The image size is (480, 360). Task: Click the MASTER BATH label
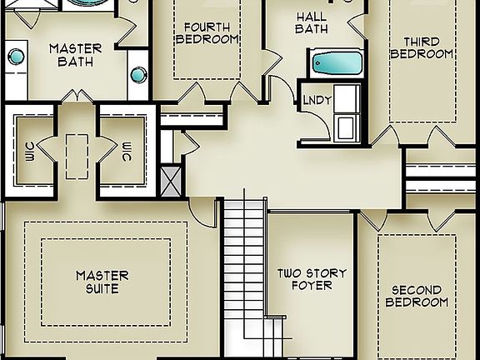[75, 54]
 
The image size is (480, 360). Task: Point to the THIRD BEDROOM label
[427, 47]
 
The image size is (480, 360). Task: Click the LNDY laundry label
[317, 100]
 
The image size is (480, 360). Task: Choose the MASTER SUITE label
[102, 282]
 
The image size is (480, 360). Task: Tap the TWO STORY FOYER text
[312, 279]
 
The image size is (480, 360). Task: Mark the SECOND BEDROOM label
[417, 296]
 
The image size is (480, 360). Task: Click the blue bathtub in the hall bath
[336, 63]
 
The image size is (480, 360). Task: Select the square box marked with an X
[171, 179]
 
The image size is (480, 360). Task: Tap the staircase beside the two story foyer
[243, 267]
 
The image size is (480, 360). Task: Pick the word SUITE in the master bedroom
[102, 289]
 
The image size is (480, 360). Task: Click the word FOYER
[312, 286]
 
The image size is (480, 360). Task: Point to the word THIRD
[422, 42]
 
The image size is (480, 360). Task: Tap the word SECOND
[417, 290]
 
